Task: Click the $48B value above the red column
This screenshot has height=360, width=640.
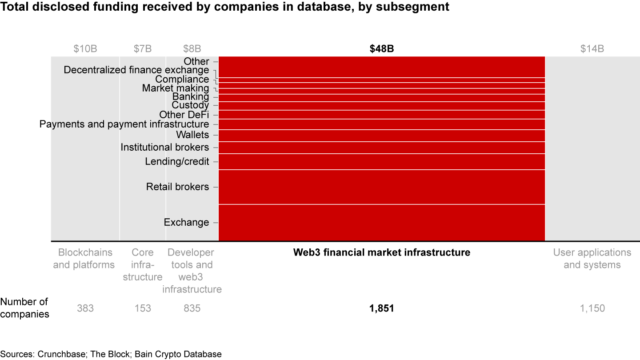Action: pos(382,49)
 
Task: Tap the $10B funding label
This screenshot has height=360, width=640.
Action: pos(85,49)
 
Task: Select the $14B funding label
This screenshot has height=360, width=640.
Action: pos(592,49)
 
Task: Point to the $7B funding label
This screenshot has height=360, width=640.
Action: pos(142,49)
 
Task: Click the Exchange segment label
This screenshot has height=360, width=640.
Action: pos(186,222)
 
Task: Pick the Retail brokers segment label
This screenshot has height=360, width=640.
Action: pos(177,187)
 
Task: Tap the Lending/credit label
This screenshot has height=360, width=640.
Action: pos(177,161)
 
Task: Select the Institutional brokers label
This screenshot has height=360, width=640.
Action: pos(164,147)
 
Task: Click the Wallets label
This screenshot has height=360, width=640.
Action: pos(192,135)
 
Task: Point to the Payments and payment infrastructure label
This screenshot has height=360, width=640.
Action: pos(124,124)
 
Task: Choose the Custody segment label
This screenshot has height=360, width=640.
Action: pos(190,105)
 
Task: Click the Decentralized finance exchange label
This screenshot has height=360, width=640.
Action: pos(136,70)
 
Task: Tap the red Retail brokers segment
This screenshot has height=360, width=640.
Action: pos(382,187)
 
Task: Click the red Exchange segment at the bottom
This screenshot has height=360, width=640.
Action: pos(382,223)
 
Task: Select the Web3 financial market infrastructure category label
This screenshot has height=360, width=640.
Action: pos(381,252)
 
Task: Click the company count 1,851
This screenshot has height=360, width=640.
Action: pos(381,308)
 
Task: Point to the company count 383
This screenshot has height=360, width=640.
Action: pos(85,308)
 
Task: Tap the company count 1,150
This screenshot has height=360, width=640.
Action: pos(592,308)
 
